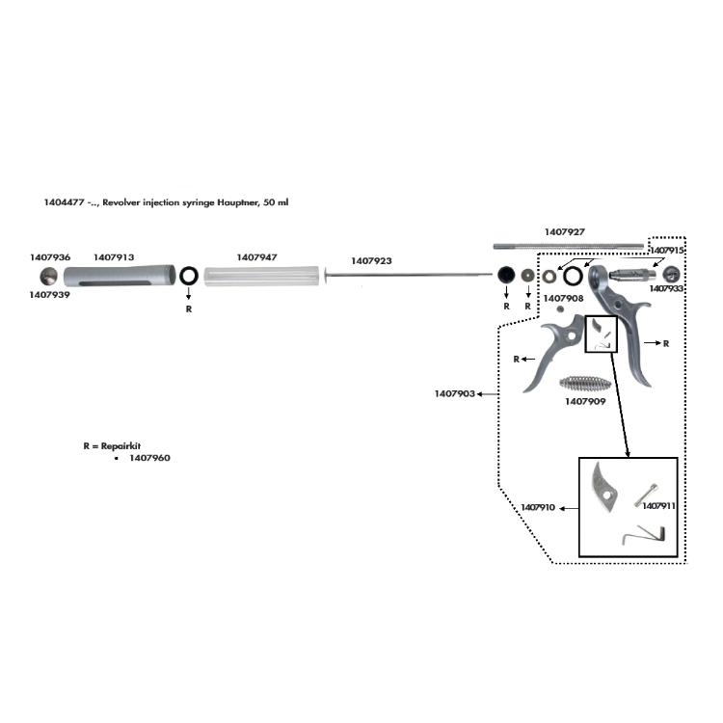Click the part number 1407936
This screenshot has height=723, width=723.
coord(50,258)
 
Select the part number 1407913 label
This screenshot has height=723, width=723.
coord(114,258)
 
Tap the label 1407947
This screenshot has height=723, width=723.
coord(256,258)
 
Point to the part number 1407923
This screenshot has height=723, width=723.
coord(371,261)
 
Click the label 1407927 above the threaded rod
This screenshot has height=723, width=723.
coord(565,231)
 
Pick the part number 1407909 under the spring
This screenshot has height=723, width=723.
coord(585,401)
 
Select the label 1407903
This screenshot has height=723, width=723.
coord(454,393)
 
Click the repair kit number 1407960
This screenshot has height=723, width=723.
coord(149,459)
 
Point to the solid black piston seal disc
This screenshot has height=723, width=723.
coord(505,277)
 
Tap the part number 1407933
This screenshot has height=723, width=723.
coord(667,288)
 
